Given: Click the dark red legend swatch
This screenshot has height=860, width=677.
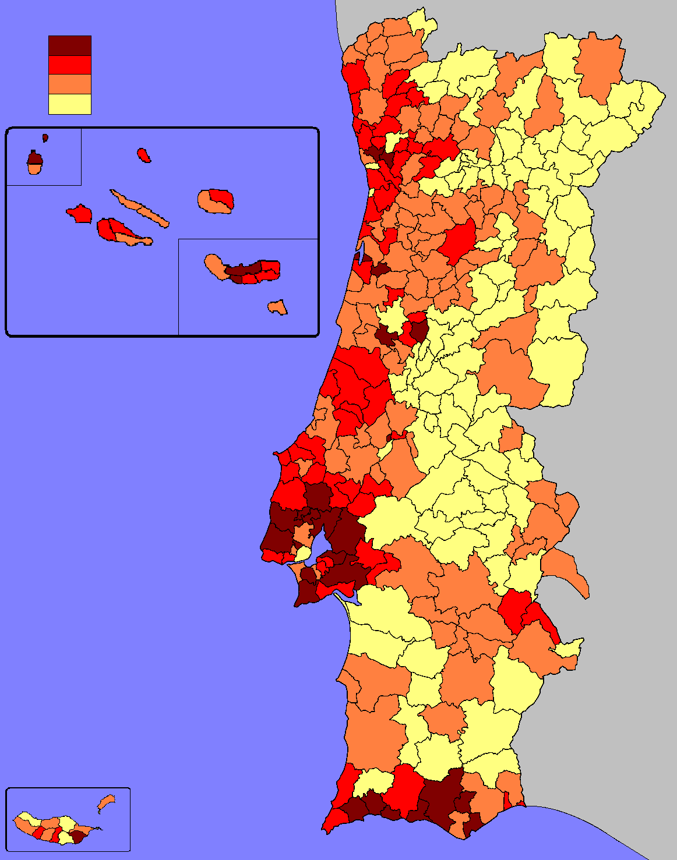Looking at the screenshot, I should pyautogui.click(x=69, y=45).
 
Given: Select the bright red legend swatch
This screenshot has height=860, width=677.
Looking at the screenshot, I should pyautogui.click(x=69, y=65).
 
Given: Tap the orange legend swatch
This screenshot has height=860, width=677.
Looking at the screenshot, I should pyautogui.click(x=69, y=84).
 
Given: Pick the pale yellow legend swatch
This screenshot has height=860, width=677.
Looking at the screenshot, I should pyautogui.click(x=69, y=104).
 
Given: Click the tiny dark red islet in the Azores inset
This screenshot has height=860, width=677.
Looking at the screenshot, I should pyautogui.click(x=45, y=138).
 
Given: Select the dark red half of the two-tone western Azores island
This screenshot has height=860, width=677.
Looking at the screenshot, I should pyautogui.click(x=34, y=158).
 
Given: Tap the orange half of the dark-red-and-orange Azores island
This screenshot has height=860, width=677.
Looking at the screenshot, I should pyautogui.click(x=35, y=169).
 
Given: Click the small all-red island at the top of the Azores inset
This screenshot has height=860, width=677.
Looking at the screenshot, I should pyautogui.click(x=144, y=155).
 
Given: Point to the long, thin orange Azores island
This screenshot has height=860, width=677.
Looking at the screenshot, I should pyautogui.click(x=140, y=208).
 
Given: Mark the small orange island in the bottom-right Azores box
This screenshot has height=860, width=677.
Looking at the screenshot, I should pyautogui.click(x=278, y=307).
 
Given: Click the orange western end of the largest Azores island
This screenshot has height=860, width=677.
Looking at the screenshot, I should pyautogui.click(x=214, y=266).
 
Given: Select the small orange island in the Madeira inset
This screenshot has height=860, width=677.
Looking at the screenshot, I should pyautogui.click(x=106, y=803).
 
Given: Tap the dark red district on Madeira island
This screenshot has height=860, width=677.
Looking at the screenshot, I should pyautogui.click(x=77, y=837).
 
